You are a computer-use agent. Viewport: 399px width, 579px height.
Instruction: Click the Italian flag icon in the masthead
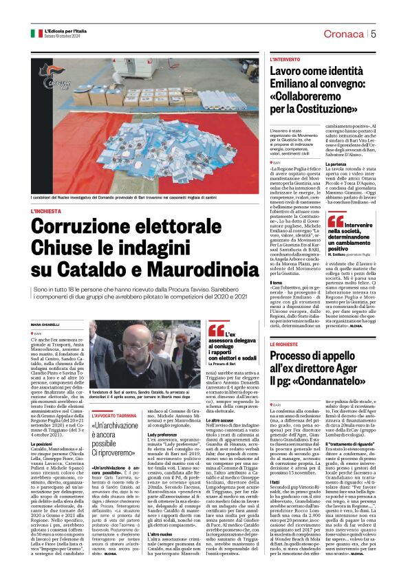[x=36, y=33]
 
